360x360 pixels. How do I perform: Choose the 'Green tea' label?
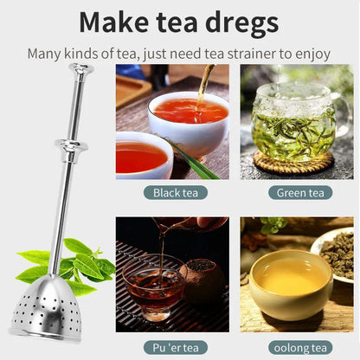pos(297,192)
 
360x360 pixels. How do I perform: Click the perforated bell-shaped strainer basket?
pos(46,306)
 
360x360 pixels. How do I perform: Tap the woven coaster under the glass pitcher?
pos(293,162)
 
